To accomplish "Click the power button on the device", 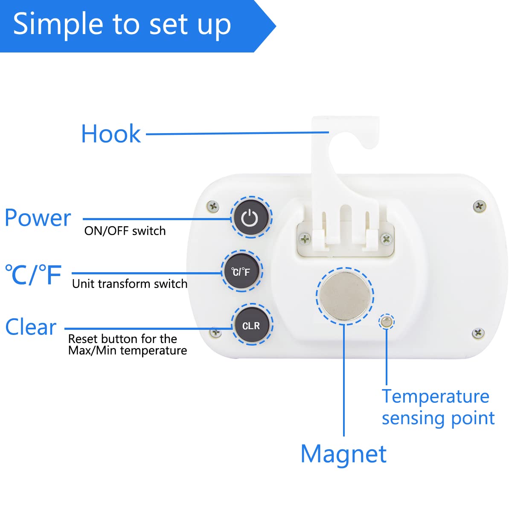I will (x=250, y=218).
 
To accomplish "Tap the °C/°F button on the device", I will (x=241, y=271).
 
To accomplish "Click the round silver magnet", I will (x=345, y=296).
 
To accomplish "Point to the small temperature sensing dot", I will (x=387, y=322).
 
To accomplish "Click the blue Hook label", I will (x=111, y=134).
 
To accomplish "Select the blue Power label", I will (x=38, y=218).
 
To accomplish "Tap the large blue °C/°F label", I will (x=33, y=275).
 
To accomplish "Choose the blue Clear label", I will (x=31, y=327).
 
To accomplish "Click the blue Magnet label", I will (x=343, y=454).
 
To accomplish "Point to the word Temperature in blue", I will (x=435, y=396).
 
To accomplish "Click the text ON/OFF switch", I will (x=125, y=231).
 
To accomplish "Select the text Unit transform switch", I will (x=130, y=284).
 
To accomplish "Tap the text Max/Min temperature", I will (x=128, y=351).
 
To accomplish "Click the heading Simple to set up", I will (x=122, y=24).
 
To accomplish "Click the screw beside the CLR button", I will (x=216, y=332).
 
